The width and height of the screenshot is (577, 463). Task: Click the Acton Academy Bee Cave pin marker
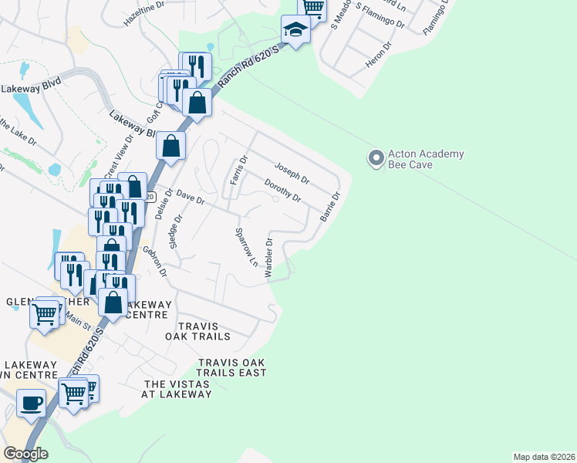click(376, 159)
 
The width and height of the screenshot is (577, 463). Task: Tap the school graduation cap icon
click(295, 30)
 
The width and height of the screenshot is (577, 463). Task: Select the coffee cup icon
click(31, 403)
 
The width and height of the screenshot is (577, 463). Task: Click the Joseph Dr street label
click(292, 173)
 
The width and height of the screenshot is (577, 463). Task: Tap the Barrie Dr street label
click(329, 205)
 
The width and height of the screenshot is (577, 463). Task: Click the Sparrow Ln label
click(246, 247)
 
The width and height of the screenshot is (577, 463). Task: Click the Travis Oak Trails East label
click(231, 367)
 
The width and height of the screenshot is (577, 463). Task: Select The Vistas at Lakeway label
click(176, 389)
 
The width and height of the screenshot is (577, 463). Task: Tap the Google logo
click(25, 454)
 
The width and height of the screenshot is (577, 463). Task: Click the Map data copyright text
click(544, 457)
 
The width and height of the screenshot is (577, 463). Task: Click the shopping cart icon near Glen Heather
click(44, 313)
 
